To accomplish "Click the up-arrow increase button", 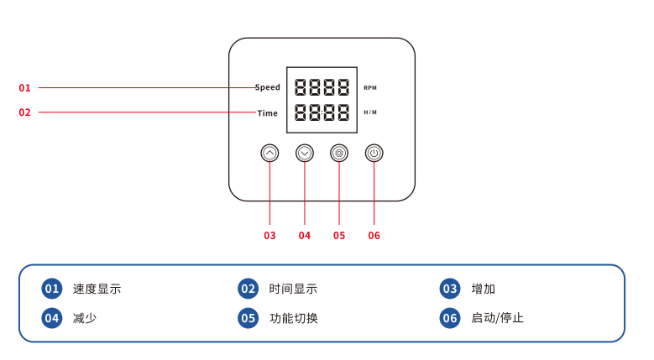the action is coord(269,153).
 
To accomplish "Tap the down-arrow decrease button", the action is coord(305,153).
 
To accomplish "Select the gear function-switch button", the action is coord(339,153).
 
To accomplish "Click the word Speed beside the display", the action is coord(268,87).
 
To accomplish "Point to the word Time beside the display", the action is coord(267,113).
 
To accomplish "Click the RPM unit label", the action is coord(370,88).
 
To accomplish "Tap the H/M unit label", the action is coord(370,112).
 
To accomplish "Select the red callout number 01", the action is coord(24,88).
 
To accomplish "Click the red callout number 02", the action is coord(24,112).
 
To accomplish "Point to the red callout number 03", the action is coord(269,236).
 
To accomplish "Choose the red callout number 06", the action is coord(374,236).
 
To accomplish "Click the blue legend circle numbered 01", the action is coord(52,289).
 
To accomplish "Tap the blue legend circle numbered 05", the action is coord(249,318).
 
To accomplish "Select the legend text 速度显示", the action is coord(97,289).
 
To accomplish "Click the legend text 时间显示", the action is coord(293,289).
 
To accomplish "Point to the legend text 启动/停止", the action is coord(497,318).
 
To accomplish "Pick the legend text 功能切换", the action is coord(294,318).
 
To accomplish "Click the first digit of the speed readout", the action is coord(301,87).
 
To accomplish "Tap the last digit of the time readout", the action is coord(343,112).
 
